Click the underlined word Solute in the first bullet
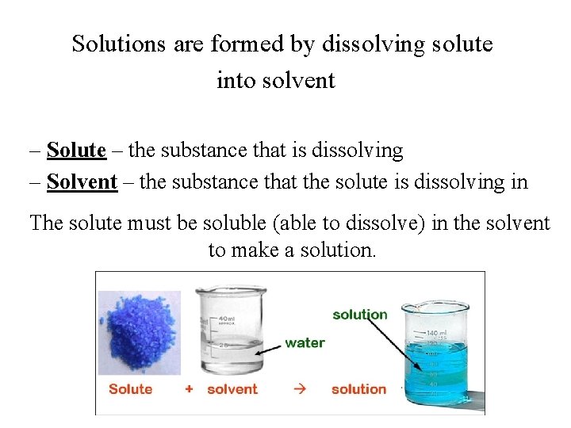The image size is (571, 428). [x=76, y=150]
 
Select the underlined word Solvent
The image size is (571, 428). [x=82, y=182]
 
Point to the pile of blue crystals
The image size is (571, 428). [x=139, y=331]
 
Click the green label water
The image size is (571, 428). [x=305, y=343]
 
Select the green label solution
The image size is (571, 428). [x=360, y=315]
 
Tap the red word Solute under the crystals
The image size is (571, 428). [x=130, y=389]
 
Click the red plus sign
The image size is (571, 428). [x=189, y=389]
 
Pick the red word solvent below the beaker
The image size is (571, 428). [x=232, y=389]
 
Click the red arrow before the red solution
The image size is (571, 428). [x=299, y=389]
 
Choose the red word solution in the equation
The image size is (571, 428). [x=358, y=389]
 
